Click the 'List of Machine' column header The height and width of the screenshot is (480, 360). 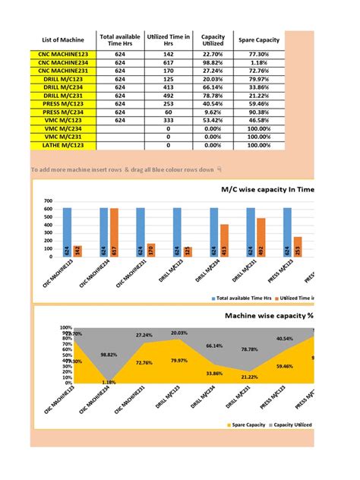pos(61,40)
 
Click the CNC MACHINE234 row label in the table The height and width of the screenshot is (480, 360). pos(61,65)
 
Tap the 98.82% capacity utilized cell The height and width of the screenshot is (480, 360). pos(213,65)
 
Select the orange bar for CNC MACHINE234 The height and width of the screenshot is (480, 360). pos(114,231)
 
